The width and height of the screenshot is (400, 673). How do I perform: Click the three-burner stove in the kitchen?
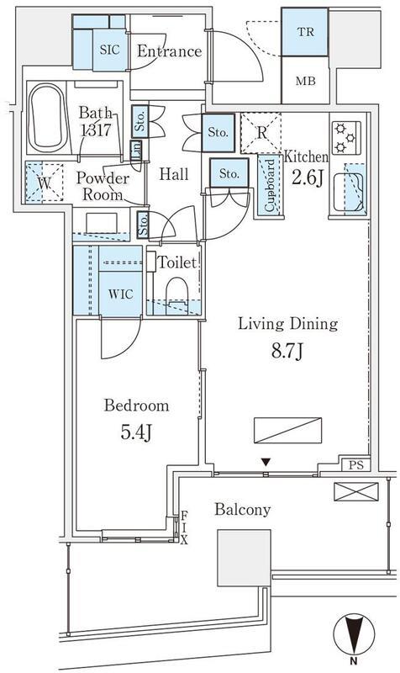point(346,138)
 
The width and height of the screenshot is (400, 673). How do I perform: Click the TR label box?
point(305,32)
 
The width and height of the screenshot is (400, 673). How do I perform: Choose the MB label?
point(305,80)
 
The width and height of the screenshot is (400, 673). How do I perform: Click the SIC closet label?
point(109,50)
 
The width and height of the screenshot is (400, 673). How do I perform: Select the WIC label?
point(120,294)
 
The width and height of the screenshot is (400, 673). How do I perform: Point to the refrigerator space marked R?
point(261,133)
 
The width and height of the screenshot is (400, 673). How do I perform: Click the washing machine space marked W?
point(45,183)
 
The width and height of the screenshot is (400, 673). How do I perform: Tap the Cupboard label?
point(269,185)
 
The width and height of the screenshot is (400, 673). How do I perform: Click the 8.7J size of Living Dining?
point(287,352)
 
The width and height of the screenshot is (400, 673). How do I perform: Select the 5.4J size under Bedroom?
point(136,433)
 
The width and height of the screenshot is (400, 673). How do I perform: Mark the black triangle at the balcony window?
point(266,463)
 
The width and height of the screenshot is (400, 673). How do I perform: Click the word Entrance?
point(170,51)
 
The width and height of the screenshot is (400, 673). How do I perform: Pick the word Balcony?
point(243,510)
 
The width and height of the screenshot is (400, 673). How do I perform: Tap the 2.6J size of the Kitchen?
point(307,178)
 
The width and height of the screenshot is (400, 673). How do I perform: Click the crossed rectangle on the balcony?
point(356,491)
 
